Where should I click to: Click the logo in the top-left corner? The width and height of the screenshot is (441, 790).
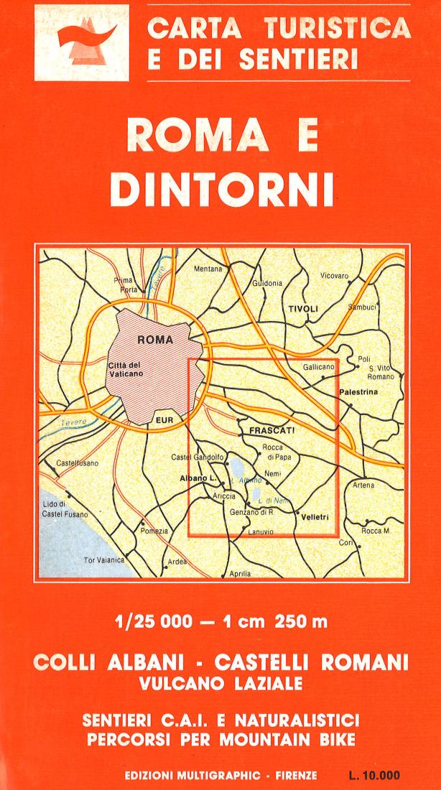click(81, 42)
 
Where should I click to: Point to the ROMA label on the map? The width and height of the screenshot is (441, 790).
click(155, 340)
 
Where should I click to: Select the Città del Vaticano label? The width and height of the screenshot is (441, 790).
click(126, 369)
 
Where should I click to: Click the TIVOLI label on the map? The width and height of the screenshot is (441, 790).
click(302, 309)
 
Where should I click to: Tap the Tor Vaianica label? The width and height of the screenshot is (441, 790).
click(104, 559)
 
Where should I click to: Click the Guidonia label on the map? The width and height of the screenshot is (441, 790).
click(267, 284)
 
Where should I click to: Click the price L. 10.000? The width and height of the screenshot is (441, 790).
click(373, 776)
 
